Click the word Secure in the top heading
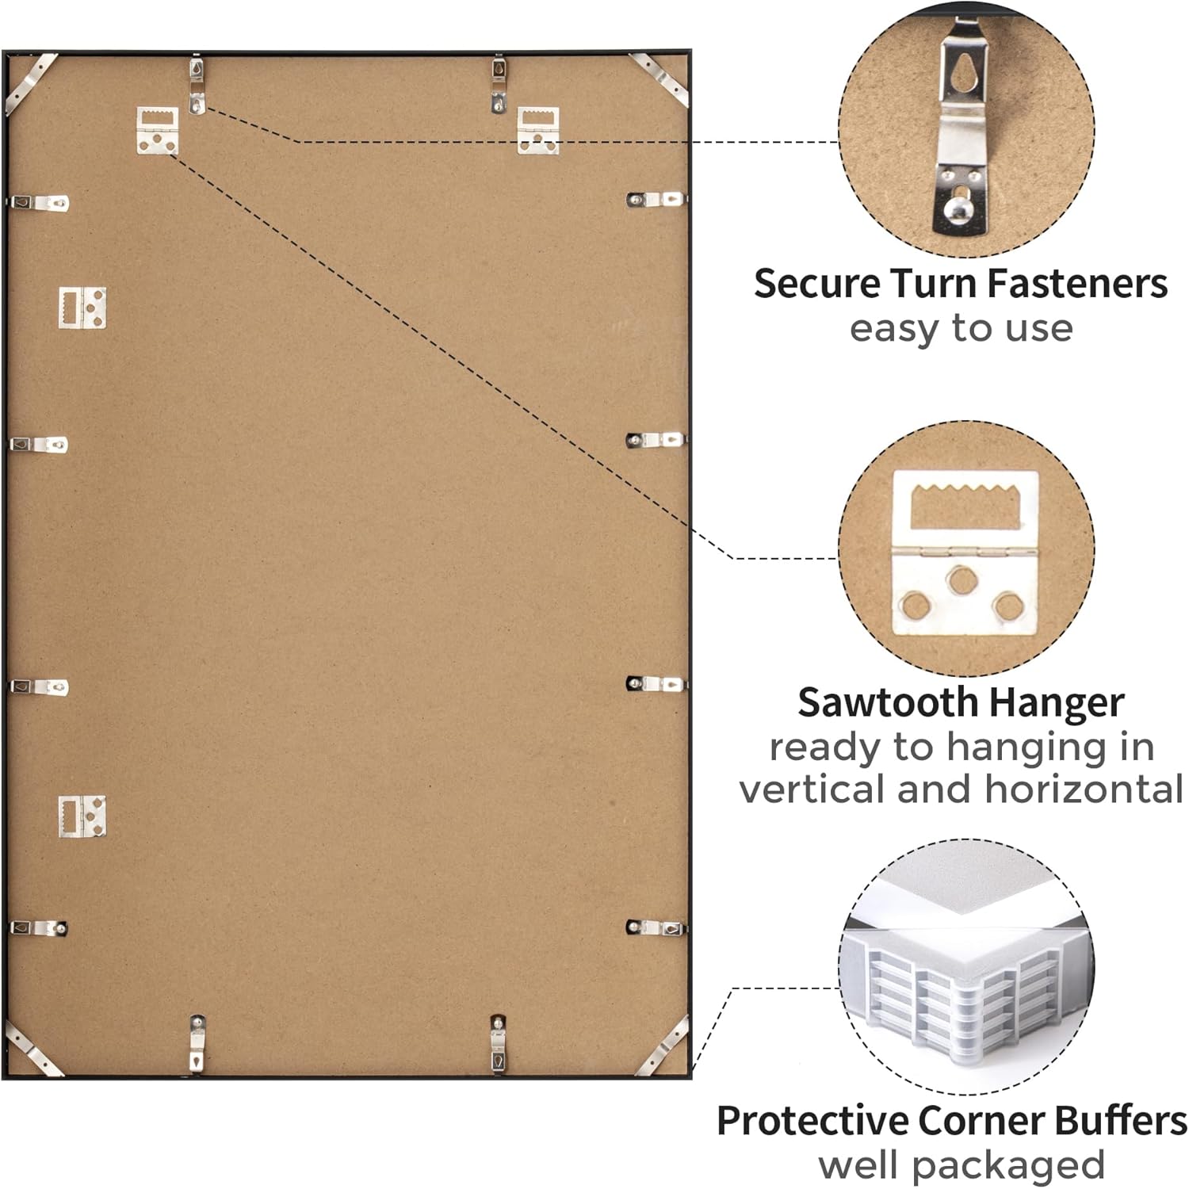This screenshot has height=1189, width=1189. (x=816, y=283)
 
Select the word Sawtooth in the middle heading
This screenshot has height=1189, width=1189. (x=887, y=702)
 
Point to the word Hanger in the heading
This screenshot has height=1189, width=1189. (x=1057, y=703)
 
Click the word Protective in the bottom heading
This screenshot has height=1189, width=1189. (x=812, y=1121)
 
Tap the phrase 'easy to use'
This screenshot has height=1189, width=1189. (x=961, y=328)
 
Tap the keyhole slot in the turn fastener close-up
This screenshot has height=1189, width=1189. (x=965, y=74)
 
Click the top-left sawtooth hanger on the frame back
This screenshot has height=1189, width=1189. (x=158, y=130)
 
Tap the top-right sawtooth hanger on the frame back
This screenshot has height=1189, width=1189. (x=538, y=130)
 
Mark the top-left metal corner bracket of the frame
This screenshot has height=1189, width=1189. (x=30, y=82)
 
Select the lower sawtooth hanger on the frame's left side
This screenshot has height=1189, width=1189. (x=82, y=816)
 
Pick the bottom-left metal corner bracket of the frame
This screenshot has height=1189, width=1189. (x=32, y=1048)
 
